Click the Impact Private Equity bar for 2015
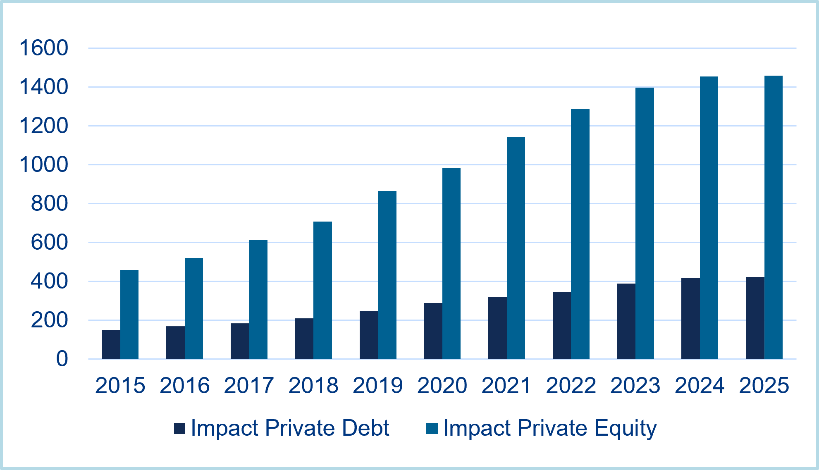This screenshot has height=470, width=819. point(129,314)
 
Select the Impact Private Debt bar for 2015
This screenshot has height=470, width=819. point(111,344)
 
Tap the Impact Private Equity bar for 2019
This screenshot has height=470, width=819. point(387,275)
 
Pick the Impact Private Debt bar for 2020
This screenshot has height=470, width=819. point(433,331)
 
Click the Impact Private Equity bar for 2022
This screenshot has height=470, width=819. point(580,234)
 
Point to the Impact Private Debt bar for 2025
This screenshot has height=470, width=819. point(755,317)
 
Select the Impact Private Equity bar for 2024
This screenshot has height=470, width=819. point(709,217)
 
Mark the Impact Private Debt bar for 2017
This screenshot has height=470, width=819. point(240,341)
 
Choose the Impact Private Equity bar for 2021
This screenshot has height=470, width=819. point(516,248)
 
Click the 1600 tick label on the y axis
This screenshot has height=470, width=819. point(44,48)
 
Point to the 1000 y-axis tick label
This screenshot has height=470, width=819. point(44,165)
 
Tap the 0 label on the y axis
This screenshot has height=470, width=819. point(62,359)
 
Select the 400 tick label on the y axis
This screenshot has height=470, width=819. point(49,282)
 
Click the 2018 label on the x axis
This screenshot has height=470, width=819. point(313,385)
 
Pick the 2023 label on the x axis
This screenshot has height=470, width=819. point(635,385)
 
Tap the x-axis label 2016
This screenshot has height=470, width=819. point(184,385)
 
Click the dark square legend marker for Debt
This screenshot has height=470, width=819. point(180,428)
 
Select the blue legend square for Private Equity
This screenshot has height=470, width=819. point(432,428)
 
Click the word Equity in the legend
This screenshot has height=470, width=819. point(625,428)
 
